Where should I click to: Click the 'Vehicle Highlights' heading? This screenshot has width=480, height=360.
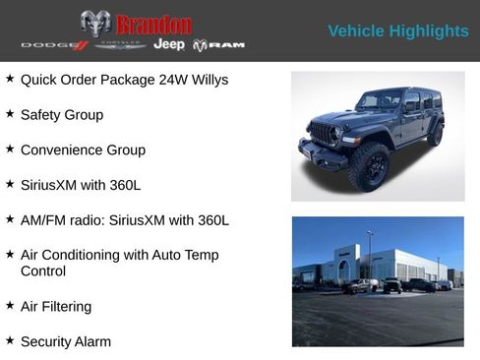(x=397, y=31)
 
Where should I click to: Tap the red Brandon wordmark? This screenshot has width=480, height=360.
(x=153, y=24)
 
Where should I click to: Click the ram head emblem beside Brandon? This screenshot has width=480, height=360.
(x=95, y=24)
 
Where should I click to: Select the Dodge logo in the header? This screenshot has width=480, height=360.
(x=55, y=45)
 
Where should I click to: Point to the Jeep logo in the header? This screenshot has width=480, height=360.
(x=169, y=45)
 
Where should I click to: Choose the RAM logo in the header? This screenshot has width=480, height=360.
(x=218, y=45)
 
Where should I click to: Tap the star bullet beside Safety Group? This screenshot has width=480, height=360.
(x=10, y=114)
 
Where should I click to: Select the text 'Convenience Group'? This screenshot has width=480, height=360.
(x=83, y=150)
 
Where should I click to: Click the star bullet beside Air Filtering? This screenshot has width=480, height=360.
(x=10, y=306)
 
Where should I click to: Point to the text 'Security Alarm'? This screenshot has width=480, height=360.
(x=66, y=341)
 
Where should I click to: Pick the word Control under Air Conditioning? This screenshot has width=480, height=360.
(x=43, y=270)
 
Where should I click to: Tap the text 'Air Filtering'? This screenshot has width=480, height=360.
(x=56, y=306)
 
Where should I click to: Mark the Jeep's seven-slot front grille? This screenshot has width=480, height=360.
(x=323, y=132)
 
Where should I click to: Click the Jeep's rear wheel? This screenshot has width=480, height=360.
(x=435, y=134)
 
